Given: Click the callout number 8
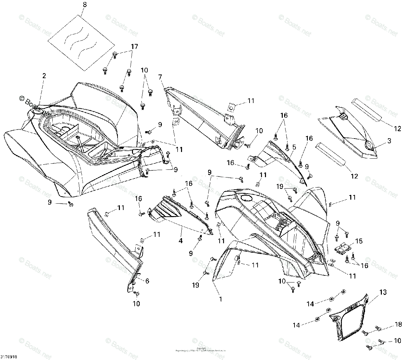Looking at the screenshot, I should [84, 5].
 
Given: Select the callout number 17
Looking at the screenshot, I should [134, 47].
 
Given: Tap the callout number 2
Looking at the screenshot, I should [44, 76].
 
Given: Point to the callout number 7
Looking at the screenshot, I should [161, 78].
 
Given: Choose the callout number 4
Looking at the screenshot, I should [181, 241].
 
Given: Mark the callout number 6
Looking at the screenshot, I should [147, 281].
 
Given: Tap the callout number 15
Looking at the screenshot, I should [359, 241].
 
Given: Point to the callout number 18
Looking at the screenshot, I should [398, 324].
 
